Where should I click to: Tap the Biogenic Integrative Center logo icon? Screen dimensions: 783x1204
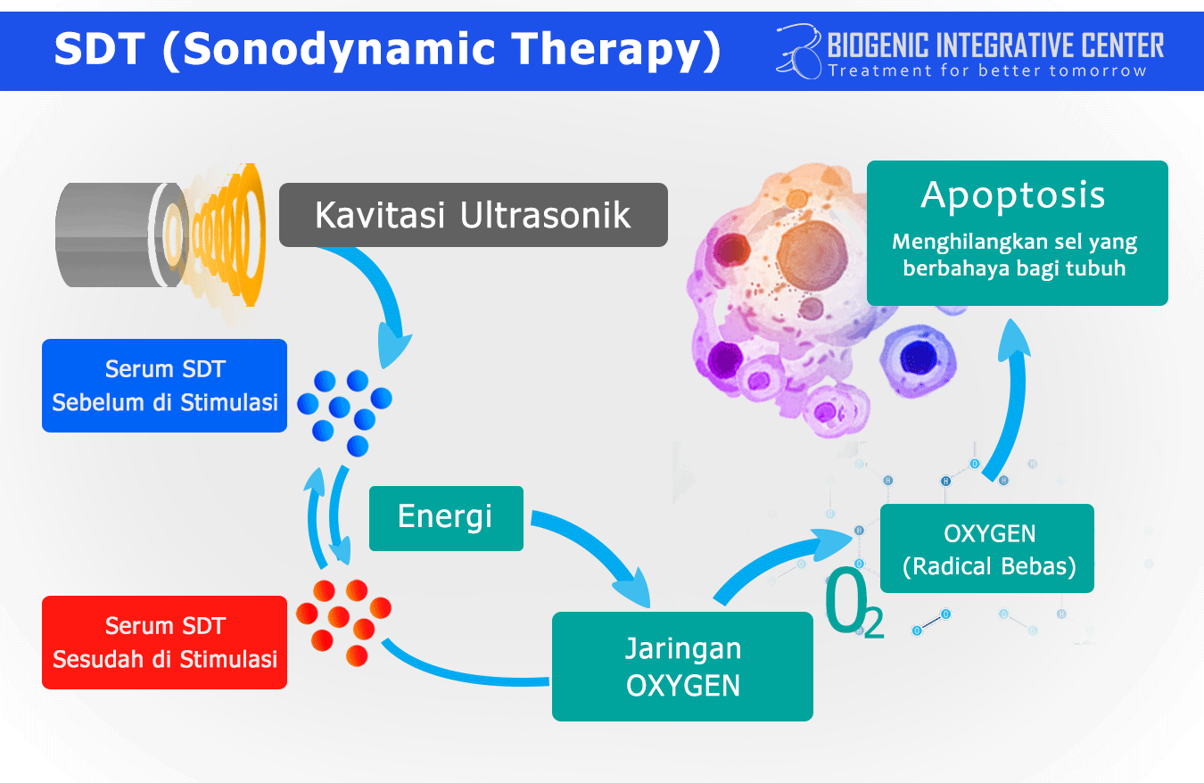pos(799,51)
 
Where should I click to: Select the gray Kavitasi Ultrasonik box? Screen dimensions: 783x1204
pos(473,215)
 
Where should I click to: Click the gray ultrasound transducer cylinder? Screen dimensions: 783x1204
pos(103,235)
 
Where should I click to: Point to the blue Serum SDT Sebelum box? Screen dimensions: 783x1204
pos(165,385)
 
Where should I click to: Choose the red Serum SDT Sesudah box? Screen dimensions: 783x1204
pos(165,642)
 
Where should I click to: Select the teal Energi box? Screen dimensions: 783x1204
pos(446,517)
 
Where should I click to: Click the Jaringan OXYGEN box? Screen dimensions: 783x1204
pos(682,666)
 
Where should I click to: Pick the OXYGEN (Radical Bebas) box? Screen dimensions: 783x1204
pos(987,548)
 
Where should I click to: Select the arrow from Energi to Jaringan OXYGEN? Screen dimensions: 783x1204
pos(598,553)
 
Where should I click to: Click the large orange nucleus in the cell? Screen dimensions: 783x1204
pos(812,251)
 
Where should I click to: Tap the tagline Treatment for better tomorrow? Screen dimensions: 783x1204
pos(987,70)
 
